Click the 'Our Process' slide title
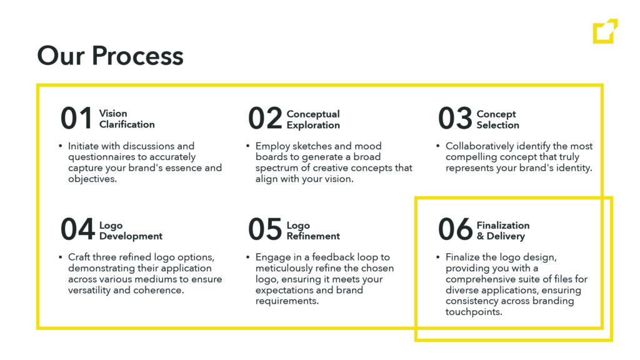point(110,56)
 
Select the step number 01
point(76,118)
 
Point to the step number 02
point(265,118)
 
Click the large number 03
point(455,118)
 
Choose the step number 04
point(77,229)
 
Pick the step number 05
point(265,229)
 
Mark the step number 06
point(455,229)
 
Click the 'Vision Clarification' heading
point(127,119)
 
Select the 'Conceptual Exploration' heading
point(313,119)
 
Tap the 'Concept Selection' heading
point(498,119)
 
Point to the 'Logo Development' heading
point(131,231)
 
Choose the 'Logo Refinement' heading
point(313,231)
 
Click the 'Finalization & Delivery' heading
point(503,231)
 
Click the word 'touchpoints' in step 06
point(474,312)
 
